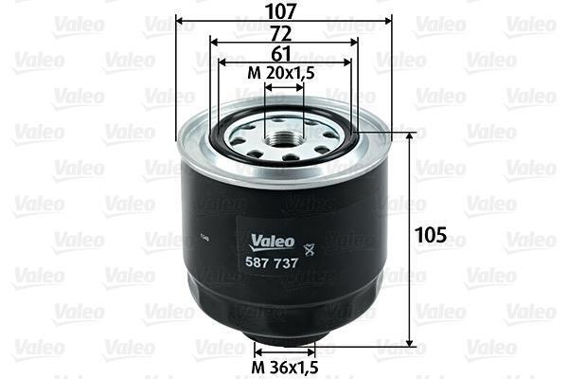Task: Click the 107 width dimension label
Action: pyautogui.click(x=281, y=10)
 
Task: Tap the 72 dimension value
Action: pyautogui.click(x=281, y=34)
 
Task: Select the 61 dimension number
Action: pyautogui.click(x=281, y=54)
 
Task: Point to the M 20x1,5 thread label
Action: pyautogui.click(x=281, y=74)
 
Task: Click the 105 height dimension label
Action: pyautogui.click(x=431, y=235)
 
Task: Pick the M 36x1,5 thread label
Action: pyautogui.click(x=285, y=368)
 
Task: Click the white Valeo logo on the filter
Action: pyautogui.click(x=273, y=242)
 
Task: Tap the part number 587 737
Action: pyautogui.click(x=272, y=262)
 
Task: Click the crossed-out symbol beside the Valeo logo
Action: pyautogui.click(x=310, y=249)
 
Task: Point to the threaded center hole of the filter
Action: pyautogui.click(x=284, y=138)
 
